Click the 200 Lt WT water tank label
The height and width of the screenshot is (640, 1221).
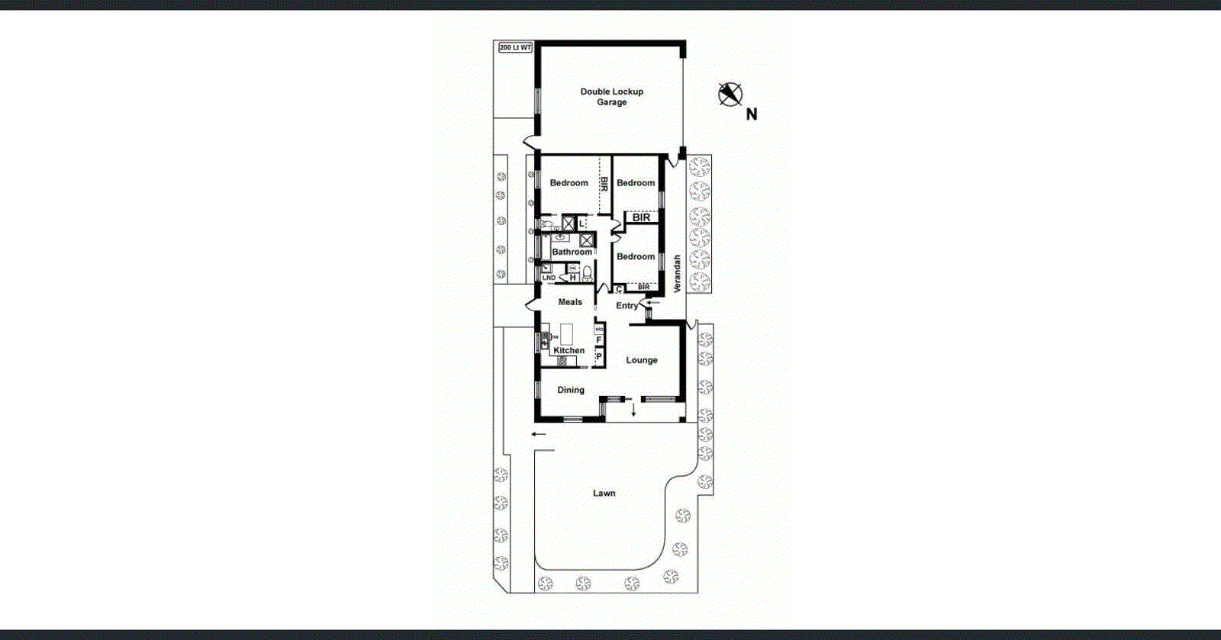pyautogui.click(x=515, y=47)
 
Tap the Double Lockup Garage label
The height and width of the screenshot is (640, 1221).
pyautogui.click(x=611, y=97)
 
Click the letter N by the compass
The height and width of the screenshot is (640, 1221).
pyautogui.click(x=752, y=114)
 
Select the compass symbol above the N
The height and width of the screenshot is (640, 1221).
pyautogui.click(x=730, y=95)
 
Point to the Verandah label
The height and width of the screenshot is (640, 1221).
pyautogui.click(x=677, y=274)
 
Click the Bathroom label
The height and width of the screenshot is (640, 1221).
pyautogui.click(x=572, y=252)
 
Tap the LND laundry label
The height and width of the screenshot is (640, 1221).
pyautogui.click(x=549, y=278)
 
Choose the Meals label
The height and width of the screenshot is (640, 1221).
pyautogui.click(x=570, y=302)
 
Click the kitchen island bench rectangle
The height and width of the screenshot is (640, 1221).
pyautogui.click(x=566, y=333)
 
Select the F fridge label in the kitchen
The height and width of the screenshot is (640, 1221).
pyautogui.click(x=599, y=340)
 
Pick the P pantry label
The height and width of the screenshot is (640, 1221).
pyautogui.click(x=599, y=356)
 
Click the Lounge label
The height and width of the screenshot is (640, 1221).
pyautogui.click(x=642, y=360)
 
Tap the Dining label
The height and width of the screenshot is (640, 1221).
pyautogui.click(x=570, y=390)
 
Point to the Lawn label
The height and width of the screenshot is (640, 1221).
pyautogui.click(x=604, y=494)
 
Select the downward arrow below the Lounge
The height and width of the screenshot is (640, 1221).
pyautogui.click(x=633, y=410)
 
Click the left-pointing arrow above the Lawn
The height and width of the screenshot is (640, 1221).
pyautogui.click(x=539, y=435)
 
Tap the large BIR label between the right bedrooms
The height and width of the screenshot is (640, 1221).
pyautogui.click(x=641, y=217)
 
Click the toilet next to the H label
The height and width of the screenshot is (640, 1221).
pyautogui.click(x=588, y=273)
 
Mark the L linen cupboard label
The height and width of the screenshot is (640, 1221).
pyautogui.click(x=582, y=224)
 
